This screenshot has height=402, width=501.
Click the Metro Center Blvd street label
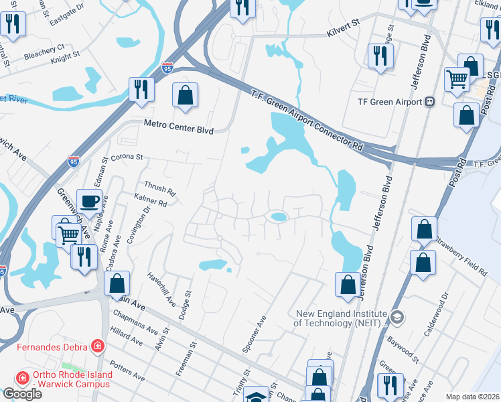(x=178, y=127)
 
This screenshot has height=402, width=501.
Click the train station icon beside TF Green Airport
(x=430, y=102)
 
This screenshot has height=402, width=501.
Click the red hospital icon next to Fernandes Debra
(x=98, y=346)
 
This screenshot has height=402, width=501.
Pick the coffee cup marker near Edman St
(x=88, y=200)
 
